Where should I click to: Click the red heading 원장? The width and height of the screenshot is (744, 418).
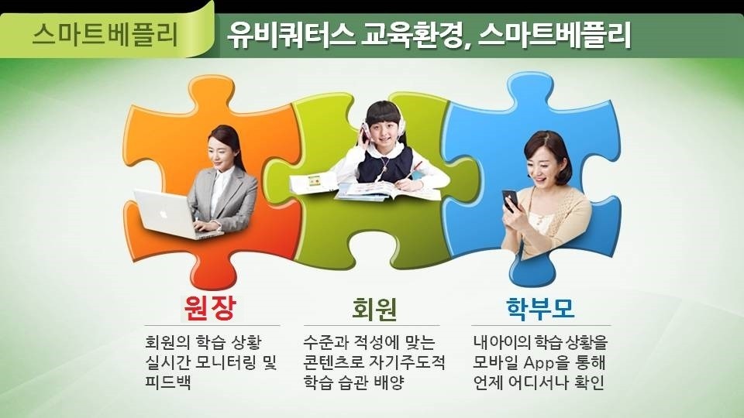[210, 308]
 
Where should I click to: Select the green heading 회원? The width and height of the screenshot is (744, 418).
[374, 309]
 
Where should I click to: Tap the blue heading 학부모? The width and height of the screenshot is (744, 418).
[540, 308]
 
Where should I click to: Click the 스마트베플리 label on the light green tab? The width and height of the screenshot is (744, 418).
[105, 35]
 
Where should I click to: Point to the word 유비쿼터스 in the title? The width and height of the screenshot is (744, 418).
[291, 35]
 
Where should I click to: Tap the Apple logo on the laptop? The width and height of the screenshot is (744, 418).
[164, 214]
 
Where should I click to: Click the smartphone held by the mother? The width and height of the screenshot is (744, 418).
[511, 200]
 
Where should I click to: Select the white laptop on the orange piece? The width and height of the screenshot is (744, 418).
[176, 214]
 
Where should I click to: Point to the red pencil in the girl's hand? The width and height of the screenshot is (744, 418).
[414, 170]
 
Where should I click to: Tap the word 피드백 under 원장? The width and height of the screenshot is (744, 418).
[168, 382]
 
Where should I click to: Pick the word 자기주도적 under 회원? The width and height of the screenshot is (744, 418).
[407, 362]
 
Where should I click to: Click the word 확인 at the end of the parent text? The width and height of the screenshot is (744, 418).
[591, 382]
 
